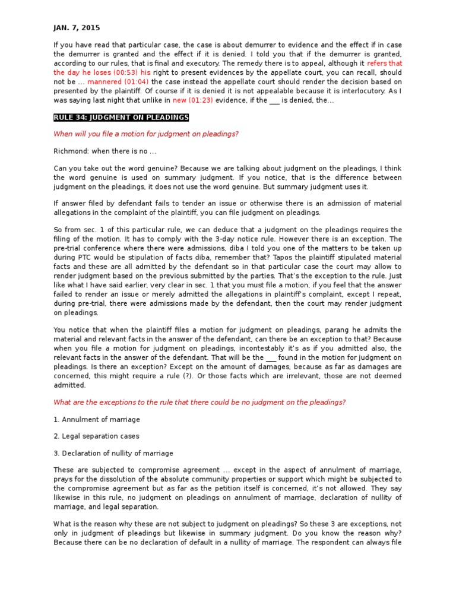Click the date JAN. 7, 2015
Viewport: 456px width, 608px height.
(x=77, y=27)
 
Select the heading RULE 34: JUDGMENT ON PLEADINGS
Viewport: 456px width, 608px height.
(x=121, y=118)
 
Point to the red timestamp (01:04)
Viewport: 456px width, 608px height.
(x=137, y=82)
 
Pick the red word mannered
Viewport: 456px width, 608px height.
(x=103, y=82)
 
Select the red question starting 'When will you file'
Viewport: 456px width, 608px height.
(x=146, y=134)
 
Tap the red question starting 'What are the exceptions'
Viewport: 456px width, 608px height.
(x=199, y=403)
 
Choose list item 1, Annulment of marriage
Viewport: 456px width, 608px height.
(x=97, y=419)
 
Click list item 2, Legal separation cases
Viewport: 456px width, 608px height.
(x=96, y=436)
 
